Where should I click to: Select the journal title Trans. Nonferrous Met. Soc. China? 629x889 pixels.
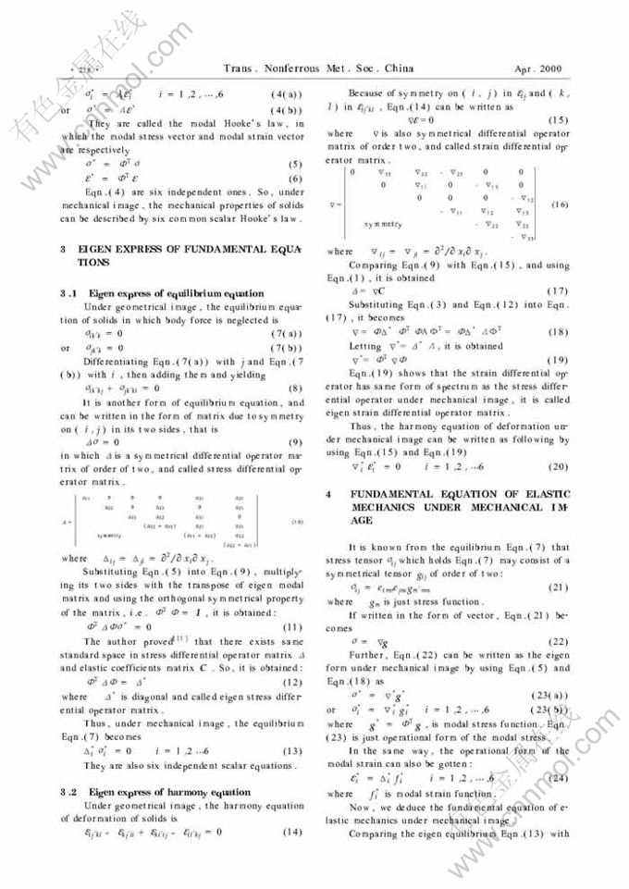[318, 68]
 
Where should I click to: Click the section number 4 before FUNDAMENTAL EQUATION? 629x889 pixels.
[329, 495]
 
